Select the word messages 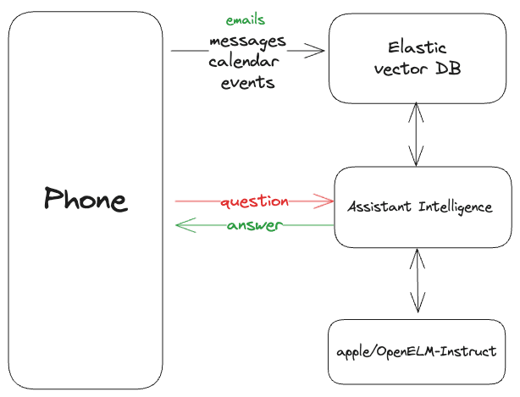pyautogui.click(x=247, y=41)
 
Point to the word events pyautogui.click(x=247, y=82)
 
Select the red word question pyautogui.click(x=254, y=202)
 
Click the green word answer pyautogui.click(x=254, y=225)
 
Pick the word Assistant pyautogui.click(x=379, y=206)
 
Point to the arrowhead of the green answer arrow pyautogui.click(x=180, y=225)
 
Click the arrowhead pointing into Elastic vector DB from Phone pyautogui.click(x=319, y=51)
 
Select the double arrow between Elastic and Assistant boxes pyautogui.click(x=415, y=134)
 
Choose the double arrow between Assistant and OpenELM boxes pyautogui.click(x=415, y=280)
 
